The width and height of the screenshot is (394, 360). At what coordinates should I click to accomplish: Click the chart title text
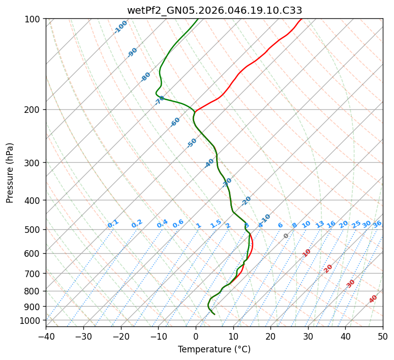pyautogui.click(x=214, y=10)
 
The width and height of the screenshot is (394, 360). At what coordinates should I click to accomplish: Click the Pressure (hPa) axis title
pyautogui.click(x=10, y=172)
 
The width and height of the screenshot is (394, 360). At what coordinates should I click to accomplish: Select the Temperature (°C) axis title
pyautogui.click(x=214, y=349)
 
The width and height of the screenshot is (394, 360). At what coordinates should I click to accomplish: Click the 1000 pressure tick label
pyautogui.click(x=30, y=320)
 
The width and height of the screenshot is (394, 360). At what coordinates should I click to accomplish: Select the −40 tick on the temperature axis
pyautogui.click(x=46, y=336)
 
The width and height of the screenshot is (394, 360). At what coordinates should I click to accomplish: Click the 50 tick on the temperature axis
pyautogui.click(x=383, y=336)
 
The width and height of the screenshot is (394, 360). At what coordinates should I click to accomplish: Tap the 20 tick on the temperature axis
pyautogui.click(x=270, y=336)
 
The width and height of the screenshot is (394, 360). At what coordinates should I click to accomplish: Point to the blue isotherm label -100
pyautogui.click(x=121, y=27)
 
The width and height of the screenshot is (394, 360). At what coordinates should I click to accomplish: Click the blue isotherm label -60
pyautogui.click(x=175, y=122)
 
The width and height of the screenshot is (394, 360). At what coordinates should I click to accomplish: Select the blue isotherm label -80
pyautogui.click(x=146, y=77)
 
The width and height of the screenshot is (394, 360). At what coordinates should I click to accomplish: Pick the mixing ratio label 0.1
pyautogui.click(x=113, y=223)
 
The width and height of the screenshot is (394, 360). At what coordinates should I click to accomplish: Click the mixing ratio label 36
pyautogui.click(x=377, y=224)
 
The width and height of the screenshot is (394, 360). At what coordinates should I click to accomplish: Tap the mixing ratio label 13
pyautogui.click(x=320, y=224)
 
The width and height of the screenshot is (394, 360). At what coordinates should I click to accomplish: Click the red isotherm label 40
pyautogui.click(x=373, y=299)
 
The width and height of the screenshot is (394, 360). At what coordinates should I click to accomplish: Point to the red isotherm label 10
pyautogui.click(x=307, y=253)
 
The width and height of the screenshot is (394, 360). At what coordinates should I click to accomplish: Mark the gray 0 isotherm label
pyautogui.click(x=286, y=236)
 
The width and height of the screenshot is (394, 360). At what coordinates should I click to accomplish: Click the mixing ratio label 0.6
pyautogui.click(x=178, y=224)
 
